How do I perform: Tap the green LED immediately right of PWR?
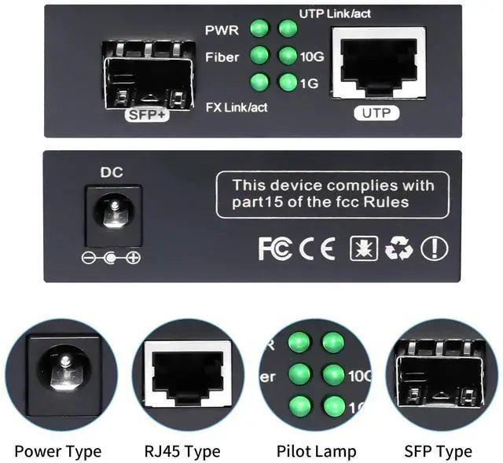(x=259, y=29)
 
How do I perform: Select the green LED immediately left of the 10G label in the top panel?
(x=288, y=56)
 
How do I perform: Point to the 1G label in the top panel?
(x=309, y=82)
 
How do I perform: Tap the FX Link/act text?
(x=236, y=107)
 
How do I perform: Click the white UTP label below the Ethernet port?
(x=376, y=113)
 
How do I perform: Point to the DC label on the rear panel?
(x=112, y=172)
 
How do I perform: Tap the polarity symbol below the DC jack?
(x=112, y=258)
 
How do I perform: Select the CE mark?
(x=317, y=249)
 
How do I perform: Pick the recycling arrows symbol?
(x=398, y=249)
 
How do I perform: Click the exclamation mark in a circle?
(x=434, y=249)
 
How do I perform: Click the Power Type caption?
(x=57, y=451)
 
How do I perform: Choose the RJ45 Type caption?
(x=182, y=451)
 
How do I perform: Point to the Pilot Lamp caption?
(x=316, y=451)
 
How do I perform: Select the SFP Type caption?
(x=438, y=451)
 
